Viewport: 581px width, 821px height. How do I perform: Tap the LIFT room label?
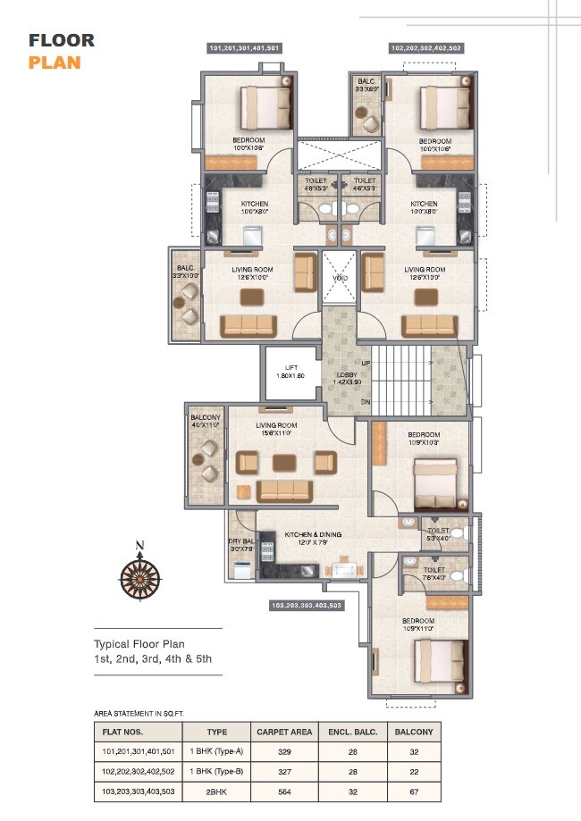(290, 371)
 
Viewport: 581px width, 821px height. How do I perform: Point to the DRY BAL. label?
(240, 545)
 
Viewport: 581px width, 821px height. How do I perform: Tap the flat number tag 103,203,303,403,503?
(306, 606)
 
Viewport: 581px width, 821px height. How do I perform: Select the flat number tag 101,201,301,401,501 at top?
(245, 47)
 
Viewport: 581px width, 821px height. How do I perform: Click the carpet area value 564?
(283, 792)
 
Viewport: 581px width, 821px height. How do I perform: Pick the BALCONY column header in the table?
(415, 732)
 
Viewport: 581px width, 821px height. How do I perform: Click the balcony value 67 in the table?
(415, 792)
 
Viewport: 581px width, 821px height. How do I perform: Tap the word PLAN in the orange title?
(55, 63)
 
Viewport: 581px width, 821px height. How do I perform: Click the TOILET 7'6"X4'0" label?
(434, 573)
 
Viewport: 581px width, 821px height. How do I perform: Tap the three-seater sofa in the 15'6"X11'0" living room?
(283, 490)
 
